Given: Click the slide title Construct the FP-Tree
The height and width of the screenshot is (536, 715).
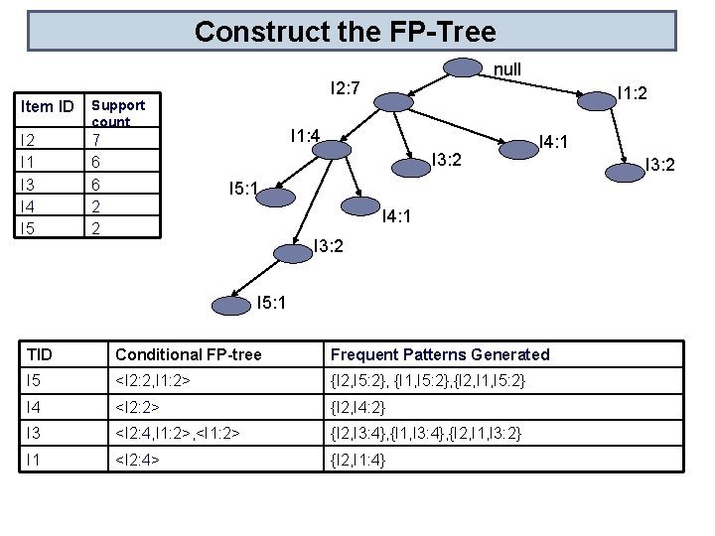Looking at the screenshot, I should coord(345,32).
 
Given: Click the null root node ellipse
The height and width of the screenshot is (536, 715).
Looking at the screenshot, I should coord(462,67).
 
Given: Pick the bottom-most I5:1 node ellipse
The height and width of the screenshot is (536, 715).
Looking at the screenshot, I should coord(231,305).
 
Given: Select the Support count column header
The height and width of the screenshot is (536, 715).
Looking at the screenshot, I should coord(117,113).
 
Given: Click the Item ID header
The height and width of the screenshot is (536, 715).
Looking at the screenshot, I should coord(48,106).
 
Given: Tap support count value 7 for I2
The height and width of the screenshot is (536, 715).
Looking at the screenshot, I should coord(95,140).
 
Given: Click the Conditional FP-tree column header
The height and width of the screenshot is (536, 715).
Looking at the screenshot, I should coord(189,354).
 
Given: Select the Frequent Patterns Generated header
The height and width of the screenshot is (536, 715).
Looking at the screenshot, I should coord(439,354).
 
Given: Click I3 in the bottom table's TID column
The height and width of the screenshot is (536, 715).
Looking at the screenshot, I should coord(35,433).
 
